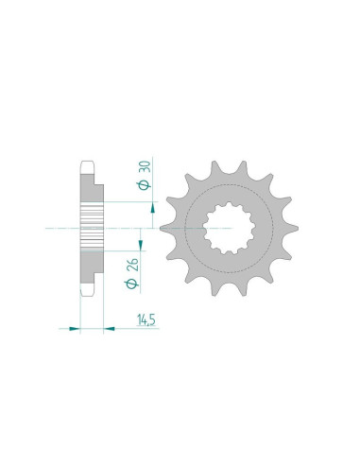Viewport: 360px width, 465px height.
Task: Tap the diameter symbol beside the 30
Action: click(x=145, y=185)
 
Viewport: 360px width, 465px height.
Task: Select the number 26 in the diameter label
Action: click(x=132, y=265)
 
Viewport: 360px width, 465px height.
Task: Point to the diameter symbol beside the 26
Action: click(x=132, y=284)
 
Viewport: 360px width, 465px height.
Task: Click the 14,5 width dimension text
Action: click(x=146, y=320)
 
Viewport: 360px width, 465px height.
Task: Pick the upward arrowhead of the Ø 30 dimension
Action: click(x=153, y=208)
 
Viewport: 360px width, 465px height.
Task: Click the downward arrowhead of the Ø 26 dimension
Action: click(x=141, y=245)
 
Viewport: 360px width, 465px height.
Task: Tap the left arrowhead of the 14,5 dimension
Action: click(x=75, y=329)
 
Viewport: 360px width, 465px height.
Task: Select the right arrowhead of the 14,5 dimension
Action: click(x=110, y=329)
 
